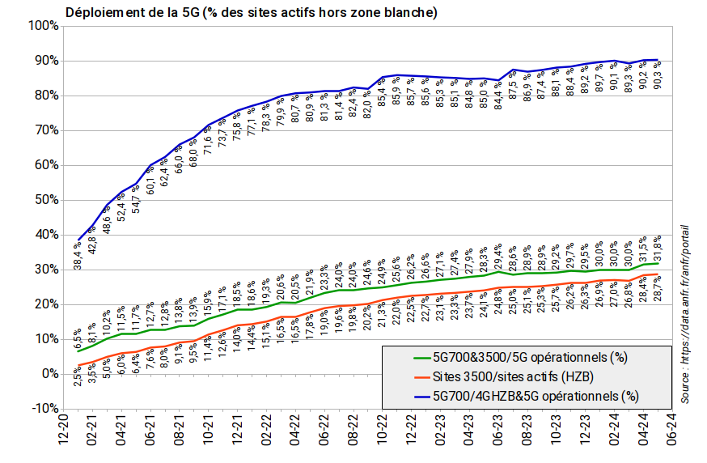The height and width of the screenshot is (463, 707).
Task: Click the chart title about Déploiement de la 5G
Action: [x=252, y=12]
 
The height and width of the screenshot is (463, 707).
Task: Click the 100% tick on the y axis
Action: [x=42, y=26]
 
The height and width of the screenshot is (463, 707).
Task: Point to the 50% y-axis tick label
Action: [x=44, y=200]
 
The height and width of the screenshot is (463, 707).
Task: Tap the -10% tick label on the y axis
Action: [x=42, y=408]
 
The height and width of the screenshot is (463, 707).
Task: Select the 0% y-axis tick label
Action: [x=49, y=374]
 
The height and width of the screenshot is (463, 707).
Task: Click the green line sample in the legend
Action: [x=409, y=357]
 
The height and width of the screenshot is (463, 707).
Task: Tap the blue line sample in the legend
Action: [x=409, y=396]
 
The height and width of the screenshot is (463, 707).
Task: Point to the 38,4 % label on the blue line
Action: [x=78, y=253]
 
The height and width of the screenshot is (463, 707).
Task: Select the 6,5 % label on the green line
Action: [x=78, y=337]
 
